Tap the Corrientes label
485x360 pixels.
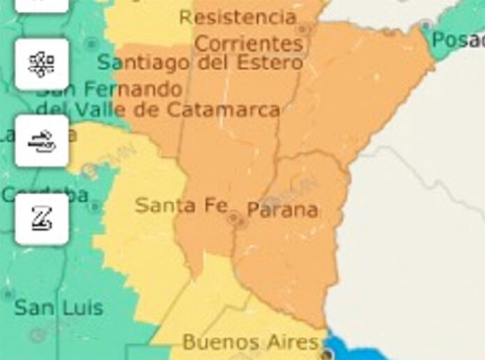pyautogui.click(x=249, y=43)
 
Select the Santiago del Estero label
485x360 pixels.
pyautogui.click(x=200, y=63)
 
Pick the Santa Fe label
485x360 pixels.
pyautogui.click(x=181, y=205)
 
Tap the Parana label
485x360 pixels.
pyautogui.click(x=282, y=210)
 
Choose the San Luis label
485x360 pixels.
pyautogui.click(x=59, y=307)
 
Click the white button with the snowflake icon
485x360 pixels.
pyautogui.click(x=42, y=64)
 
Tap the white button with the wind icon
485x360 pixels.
pyautogui.click(x=42, y=141)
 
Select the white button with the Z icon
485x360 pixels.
pyautogui.click(x=42, y=219)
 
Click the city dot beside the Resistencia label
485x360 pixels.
pyautogui.click(x=302, y=30)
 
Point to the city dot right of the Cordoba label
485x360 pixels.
pyautogui.click(x=94, y=207)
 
